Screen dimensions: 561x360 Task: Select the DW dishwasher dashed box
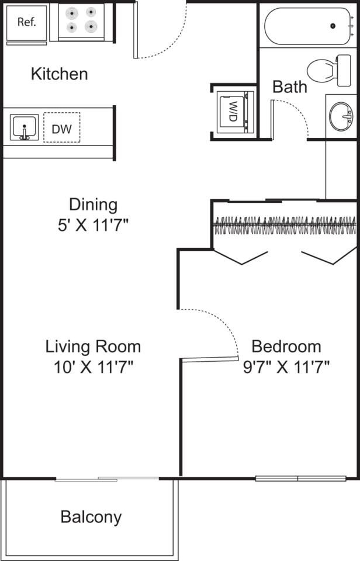61,128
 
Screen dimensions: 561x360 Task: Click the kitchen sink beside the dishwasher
24,128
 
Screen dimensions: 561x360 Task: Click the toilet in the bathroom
327,69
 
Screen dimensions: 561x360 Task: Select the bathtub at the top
308,26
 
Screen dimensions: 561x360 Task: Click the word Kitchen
59,74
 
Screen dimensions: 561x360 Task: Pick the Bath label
290,87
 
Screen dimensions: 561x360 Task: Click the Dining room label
93,205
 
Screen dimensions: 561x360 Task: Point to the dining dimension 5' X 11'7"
93,225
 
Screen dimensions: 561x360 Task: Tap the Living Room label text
93,347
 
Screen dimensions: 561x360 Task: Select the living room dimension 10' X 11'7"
93,367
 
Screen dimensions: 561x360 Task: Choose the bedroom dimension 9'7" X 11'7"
286,367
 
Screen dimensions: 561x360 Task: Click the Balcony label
91,517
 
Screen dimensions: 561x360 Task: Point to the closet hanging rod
285,222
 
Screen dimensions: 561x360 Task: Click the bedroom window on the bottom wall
298,479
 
